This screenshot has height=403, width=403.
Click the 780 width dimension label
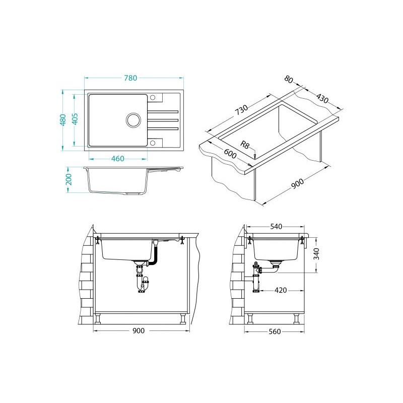[130, 78]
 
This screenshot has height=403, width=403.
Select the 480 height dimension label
[63, 120]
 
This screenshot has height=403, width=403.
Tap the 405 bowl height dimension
[75, 119]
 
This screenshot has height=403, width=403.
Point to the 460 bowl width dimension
[118, 159]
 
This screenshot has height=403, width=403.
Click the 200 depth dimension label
[69, 179]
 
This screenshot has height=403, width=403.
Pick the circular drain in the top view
[133, 120]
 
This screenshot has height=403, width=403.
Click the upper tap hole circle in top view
[153, 97]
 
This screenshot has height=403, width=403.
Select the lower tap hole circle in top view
[153, 143]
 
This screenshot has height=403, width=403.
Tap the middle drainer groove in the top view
[163, 120]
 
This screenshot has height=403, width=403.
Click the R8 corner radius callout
[245, 145]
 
